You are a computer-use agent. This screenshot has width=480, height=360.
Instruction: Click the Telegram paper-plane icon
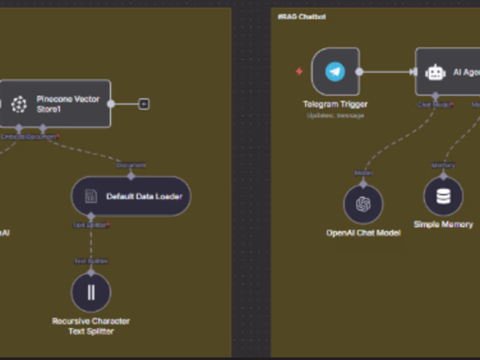coord(335,72)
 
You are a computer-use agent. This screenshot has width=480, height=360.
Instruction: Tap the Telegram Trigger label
coord(335,104)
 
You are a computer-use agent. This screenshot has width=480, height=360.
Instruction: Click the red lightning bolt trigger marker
coord(299,71)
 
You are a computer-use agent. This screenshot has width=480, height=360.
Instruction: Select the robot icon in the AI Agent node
coord(435,72)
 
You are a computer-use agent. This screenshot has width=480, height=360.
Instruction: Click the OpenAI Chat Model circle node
coord(363,204)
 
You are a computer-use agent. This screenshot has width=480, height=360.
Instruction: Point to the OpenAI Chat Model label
coord(363,233)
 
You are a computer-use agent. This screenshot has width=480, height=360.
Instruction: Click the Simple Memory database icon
coord(443,196)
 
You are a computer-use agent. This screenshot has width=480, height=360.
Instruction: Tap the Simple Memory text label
coord(443,224)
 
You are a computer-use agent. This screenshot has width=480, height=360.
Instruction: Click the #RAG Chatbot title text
coord(302,17)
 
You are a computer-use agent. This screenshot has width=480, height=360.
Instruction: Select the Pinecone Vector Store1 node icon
coord(19,104)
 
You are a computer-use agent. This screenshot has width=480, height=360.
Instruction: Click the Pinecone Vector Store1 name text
coord(68,104)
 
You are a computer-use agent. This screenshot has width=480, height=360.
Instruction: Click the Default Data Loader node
coord(131,196)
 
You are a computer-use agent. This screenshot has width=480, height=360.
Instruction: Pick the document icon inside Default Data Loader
coord(91,196)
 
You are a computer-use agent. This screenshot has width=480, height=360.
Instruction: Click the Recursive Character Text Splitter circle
coord(91,292)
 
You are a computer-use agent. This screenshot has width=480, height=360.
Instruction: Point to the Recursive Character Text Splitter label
coord(91,326)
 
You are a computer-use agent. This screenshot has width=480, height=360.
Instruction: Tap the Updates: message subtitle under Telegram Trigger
coord(335,116)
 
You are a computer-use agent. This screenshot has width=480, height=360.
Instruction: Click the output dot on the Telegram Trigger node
coord(359,72)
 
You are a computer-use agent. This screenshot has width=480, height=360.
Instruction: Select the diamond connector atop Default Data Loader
coord(131,175)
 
